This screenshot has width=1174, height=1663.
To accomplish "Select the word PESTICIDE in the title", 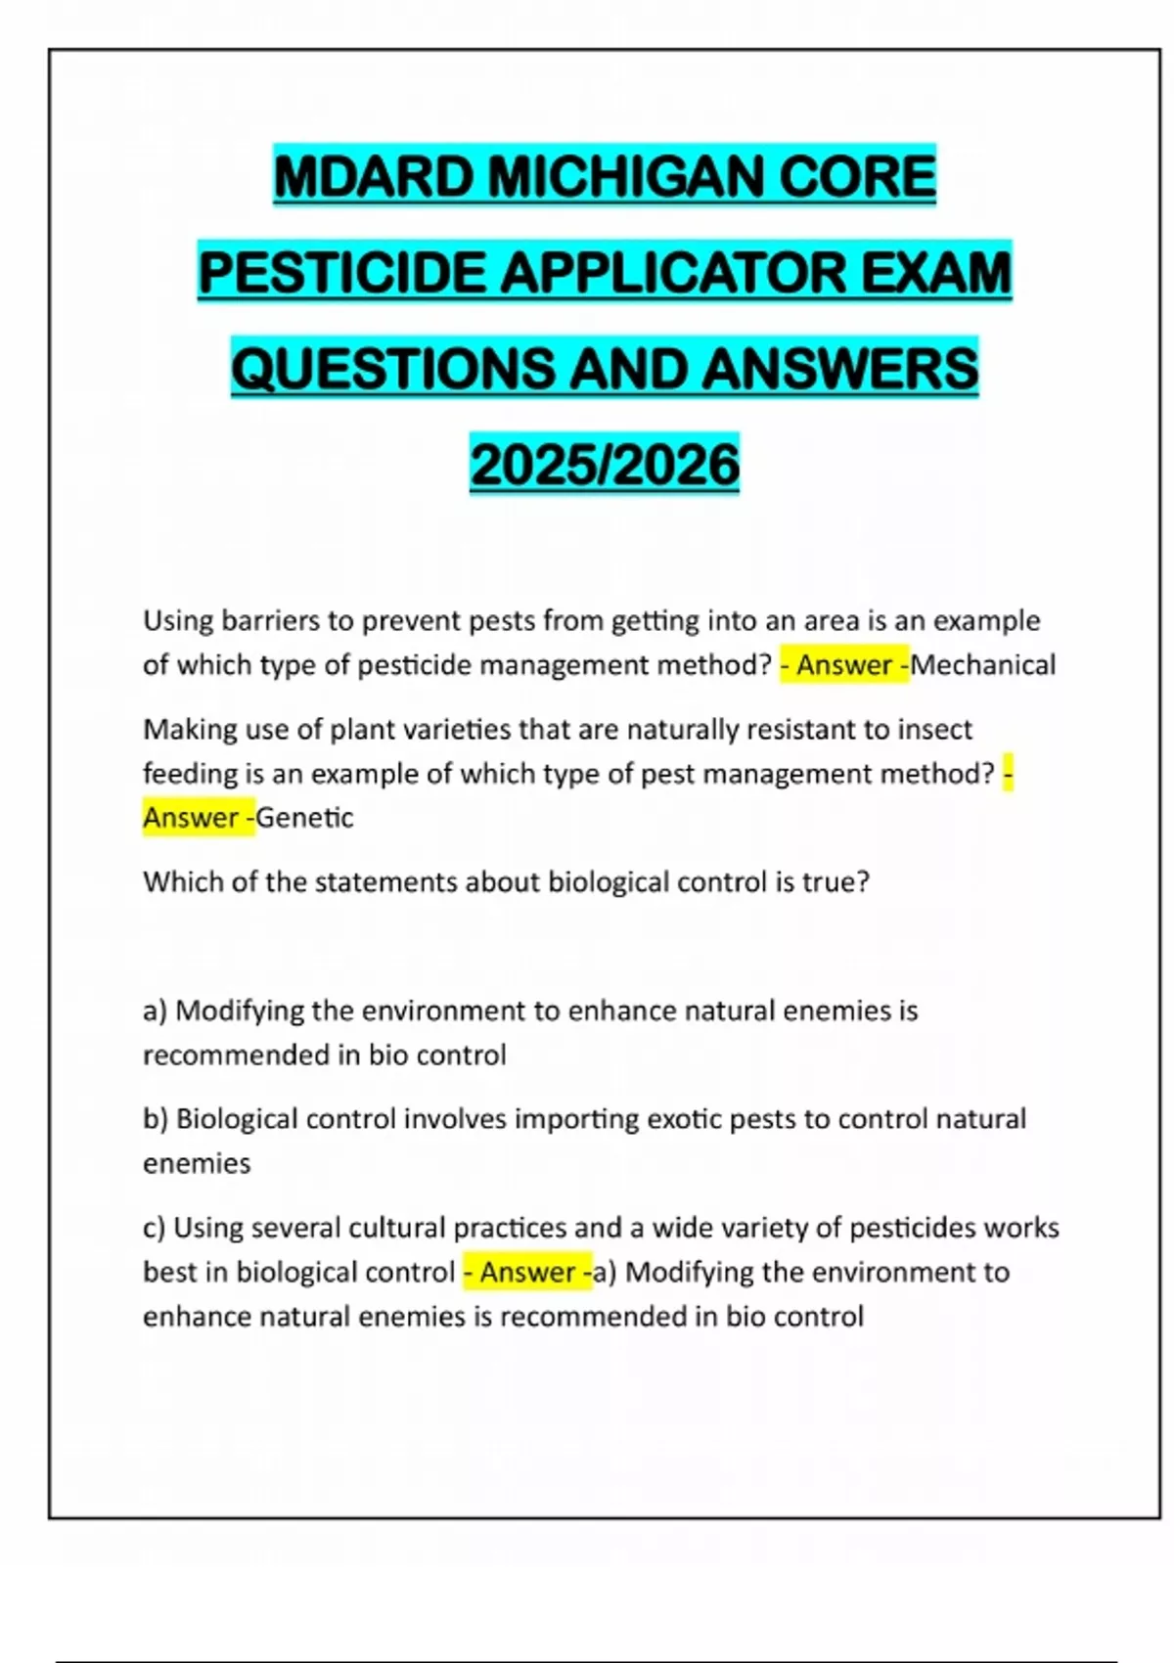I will pyautogui.click(x=341, y=272).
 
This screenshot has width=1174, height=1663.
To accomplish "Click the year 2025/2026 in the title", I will pyautogui.click(x=605, y=465).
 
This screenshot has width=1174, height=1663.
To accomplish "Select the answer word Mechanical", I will pyautogui.click(x=983, y=665).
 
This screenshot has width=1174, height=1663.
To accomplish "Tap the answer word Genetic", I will pyautogui.click(x=304, y=818).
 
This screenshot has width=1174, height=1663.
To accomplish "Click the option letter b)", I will pyautogui.click(x=156, y=1119).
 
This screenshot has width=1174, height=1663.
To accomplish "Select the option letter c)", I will pyautogui.click(x=155, y=1228).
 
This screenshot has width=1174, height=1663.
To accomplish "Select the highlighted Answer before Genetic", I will pyautogui.click(x=191, y=818).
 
